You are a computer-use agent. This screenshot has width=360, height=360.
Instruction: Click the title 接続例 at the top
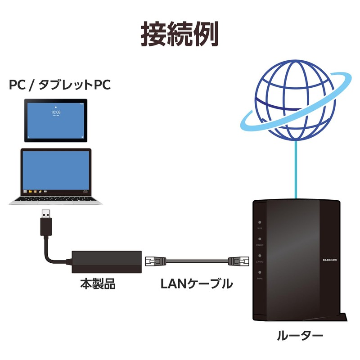coord(180,34)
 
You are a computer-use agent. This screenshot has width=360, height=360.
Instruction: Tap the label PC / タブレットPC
coord(60,85)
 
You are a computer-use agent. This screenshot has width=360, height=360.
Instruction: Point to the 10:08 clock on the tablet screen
coord(56,112)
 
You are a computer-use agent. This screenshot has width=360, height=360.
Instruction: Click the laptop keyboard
coord(56,198)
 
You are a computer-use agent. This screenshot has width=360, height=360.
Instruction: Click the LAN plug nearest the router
coord(237,261)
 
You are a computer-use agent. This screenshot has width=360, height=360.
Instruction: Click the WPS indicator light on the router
coord(260,222)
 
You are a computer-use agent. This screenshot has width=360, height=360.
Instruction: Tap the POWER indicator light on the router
coord(260,239)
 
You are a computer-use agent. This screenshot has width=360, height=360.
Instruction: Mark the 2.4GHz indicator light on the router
coord(260,256)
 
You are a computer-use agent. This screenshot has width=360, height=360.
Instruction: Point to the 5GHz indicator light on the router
coord(260,273)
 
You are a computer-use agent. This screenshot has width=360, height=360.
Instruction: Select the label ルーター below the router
coord(300,335)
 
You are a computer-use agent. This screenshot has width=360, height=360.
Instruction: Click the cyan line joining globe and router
coord(295,171)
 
